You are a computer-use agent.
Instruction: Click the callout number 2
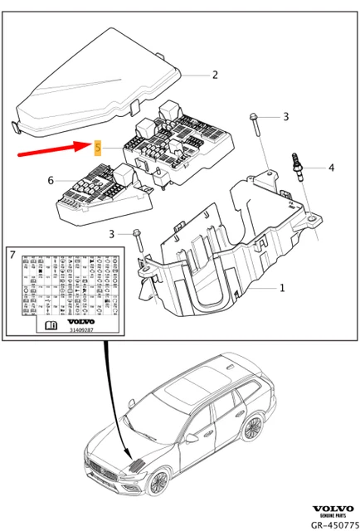[x=215, y=75]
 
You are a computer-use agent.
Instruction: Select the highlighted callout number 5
[x=98, y=149]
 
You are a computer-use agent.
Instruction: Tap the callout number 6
[x=50, y=180]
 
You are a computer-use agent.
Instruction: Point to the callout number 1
[x=281, y=289]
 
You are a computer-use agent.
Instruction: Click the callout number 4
[x=331, y=168]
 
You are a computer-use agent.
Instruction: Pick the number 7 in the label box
[x=13, y=256]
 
